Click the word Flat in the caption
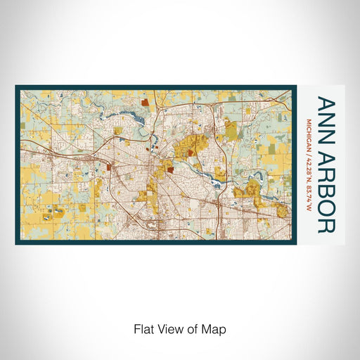tap(143, 328)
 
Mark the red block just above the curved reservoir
tap(146, 102)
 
